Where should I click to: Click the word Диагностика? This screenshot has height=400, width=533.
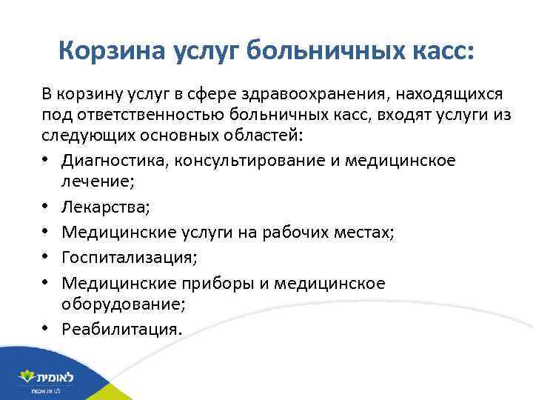click(x=107, y=161)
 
